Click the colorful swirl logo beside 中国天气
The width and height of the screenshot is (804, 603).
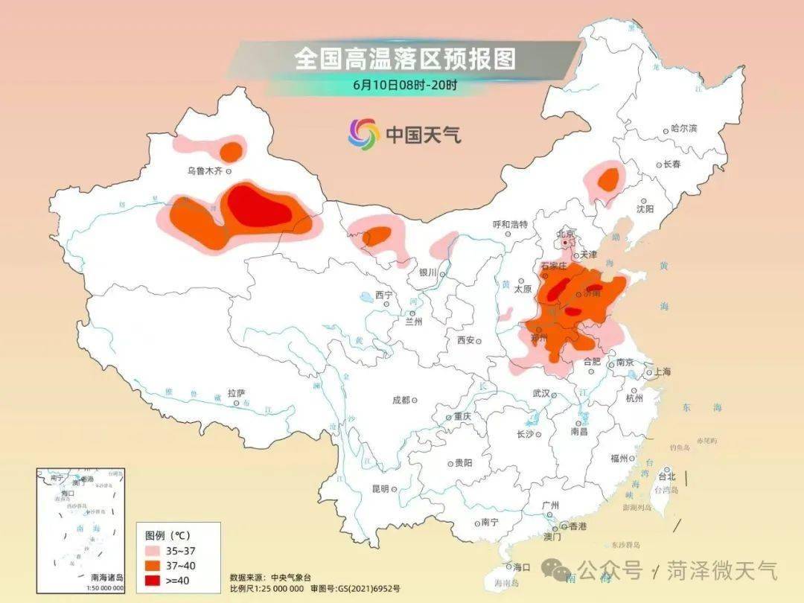pyautogui.click(x=363, y=134)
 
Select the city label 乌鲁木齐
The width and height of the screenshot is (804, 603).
pyautogui.click(x=204, y=171)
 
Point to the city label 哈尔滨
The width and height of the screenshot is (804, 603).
pyautogui.click(x=683, y=129)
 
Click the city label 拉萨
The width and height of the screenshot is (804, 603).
pyautogui.click(x=236, y=393)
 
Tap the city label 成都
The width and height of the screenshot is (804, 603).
pyautogui.click(x=400, y=400)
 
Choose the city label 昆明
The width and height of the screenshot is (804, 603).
pyautogui.click(x=380, y=488)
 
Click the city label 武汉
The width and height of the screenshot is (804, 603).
pyautogui.click(x=540, y=393)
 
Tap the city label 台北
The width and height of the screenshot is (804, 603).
pyautogui.click(x=667, y=476)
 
